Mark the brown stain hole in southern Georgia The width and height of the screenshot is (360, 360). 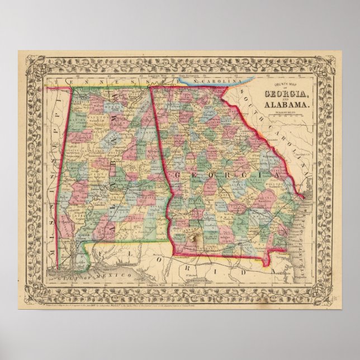(196, 239)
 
